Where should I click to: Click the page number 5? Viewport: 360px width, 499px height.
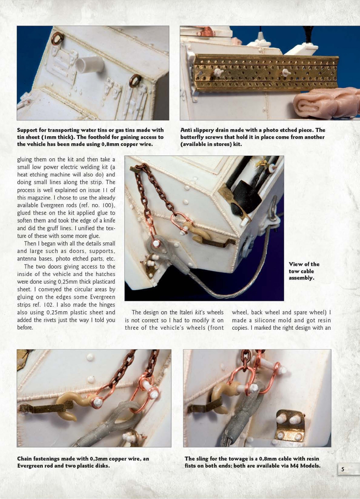pyautogui.click(x=342, y=469)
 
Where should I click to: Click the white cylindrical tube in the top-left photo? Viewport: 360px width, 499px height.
pyautogui.click(x=90, y=65)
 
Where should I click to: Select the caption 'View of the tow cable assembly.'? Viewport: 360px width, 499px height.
pyautogui.click(x=304, y=271)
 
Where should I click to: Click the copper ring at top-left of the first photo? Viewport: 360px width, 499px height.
pyautogui.click(x=58, y=39)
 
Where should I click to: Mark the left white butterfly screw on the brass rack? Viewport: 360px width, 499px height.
pyautogui.click(x=218, y=73)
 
